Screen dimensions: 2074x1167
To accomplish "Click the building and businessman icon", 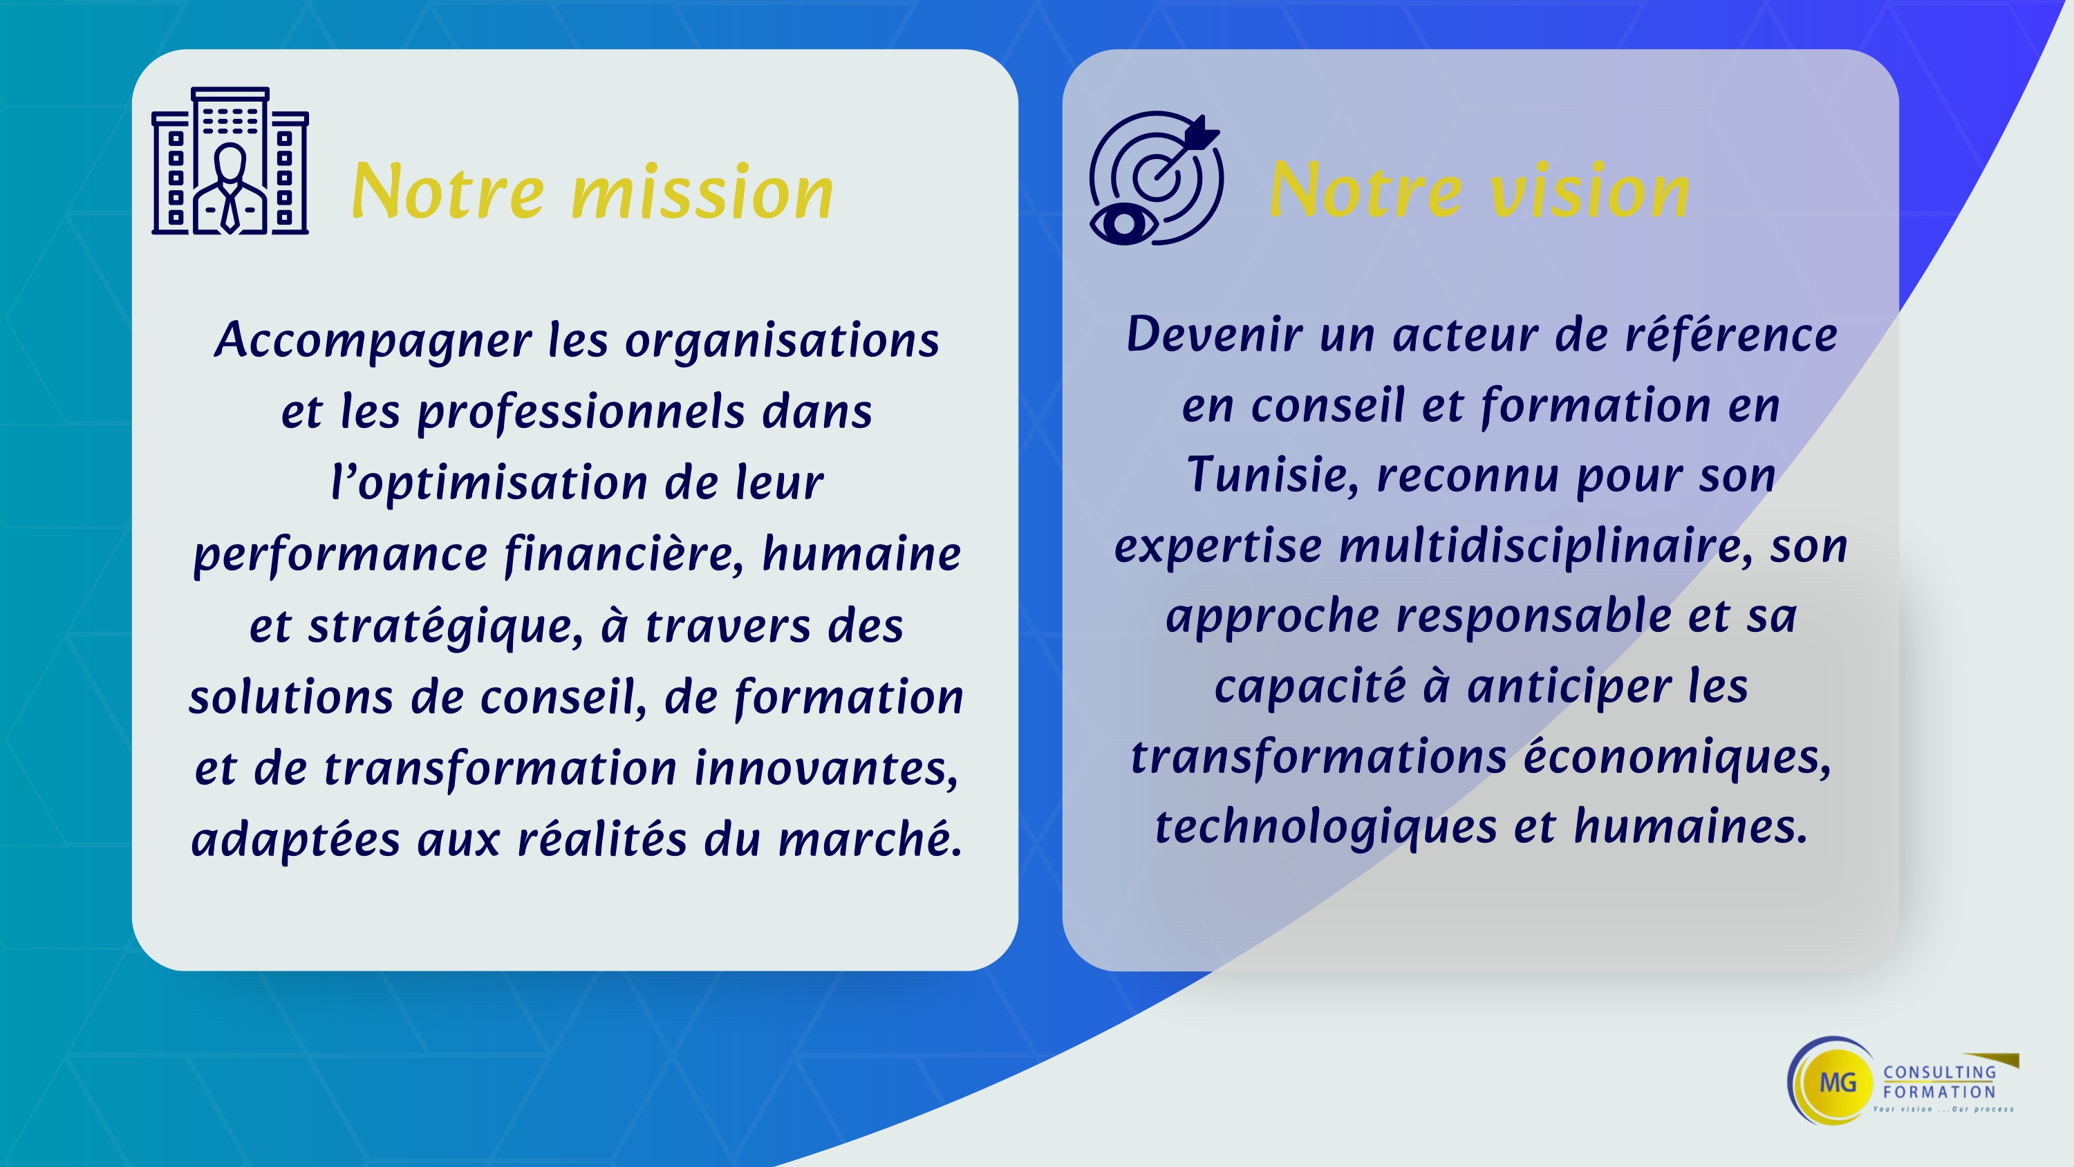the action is tap(230, 161).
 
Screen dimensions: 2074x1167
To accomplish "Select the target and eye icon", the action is tap(1156, 178).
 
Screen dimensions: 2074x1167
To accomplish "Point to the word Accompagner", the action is tap(373, 341).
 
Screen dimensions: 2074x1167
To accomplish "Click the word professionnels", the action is tap(581, 412).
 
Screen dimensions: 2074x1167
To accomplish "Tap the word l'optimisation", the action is tap(489, 483).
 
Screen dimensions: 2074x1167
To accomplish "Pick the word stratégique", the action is tap(445, 626).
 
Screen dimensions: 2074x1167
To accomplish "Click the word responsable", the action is tap(1534, 616).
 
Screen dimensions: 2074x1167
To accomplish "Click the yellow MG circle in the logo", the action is tap(1838, 1083).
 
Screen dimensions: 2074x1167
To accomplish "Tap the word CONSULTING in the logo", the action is tap(1940, 1072).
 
